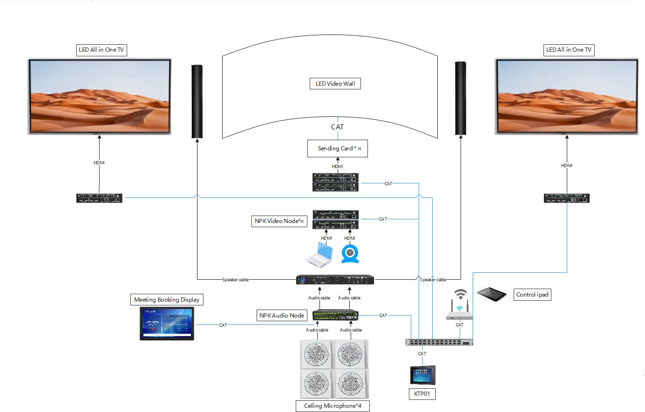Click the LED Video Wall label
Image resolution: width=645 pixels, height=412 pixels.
tap(335, 84)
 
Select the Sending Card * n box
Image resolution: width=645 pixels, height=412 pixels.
tap(337, 149)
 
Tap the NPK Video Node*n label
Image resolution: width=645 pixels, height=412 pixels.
tap(279, 221)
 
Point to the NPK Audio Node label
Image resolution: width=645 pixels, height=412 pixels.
tap(281, 316)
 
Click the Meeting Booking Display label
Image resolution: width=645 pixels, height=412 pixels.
tap(167, 300)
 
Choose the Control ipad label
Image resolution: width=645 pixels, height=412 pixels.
tap(532, 295)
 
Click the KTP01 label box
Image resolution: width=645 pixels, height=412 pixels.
tap(422, 394)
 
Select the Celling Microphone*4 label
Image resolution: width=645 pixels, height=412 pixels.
tap(333, 406)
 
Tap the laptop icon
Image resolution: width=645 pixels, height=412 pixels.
tap(319, 255)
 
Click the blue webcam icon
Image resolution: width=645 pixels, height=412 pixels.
tap(350, 254)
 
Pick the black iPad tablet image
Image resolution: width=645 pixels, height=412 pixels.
tap(491, 294)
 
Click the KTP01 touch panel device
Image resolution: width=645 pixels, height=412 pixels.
tap(422, 375)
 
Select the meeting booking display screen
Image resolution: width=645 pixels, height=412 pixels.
tap(167, 324)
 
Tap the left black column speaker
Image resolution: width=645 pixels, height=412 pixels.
tap(197, 101)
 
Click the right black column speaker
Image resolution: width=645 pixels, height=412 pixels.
tap(461, 98)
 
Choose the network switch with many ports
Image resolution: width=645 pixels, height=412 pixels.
tap(439, 342)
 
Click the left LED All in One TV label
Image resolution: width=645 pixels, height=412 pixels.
tap(102, 50)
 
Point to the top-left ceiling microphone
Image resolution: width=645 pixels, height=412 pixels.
tap(316, 354)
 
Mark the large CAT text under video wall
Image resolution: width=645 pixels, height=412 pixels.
tap(337, 127)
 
